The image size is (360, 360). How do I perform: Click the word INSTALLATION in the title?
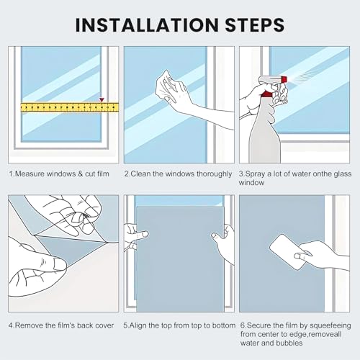pyautogui.click(x=147, y=24)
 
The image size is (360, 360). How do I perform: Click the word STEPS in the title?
pyautogui.click(x=255, y=24)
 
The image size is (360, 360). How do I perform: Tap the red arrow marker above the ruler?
pyautogui.click(x=102, y=99)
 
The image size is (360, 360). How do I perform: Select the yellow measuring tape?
pyautogui.click(x=70, y=107)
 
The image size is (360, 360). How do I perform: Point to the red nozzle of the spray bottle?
pyautogui.click(x=284, y=79)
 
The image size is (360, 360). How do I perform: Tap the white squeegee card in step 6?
pyautogui.click(x=288, y=252)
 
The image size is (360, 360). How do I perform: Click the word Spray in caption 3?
pyautogui.click(x=255, y=174)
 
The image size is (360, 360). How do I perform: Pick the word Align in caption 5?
pyautogui.click(x=138, y=325)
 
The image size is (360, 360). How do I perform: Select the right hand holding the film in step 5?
pyautogui.click(x=224, y=243)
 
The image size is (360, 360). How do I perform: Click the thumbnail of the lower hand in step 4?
pyautogui.click(x=59, y=264)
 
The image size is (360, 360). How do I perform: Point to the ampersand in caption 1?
pyautogui.click(x=80, y=174)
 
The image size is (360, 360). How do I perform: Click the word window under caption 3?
pyautogui.click(x=251, y=183)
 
